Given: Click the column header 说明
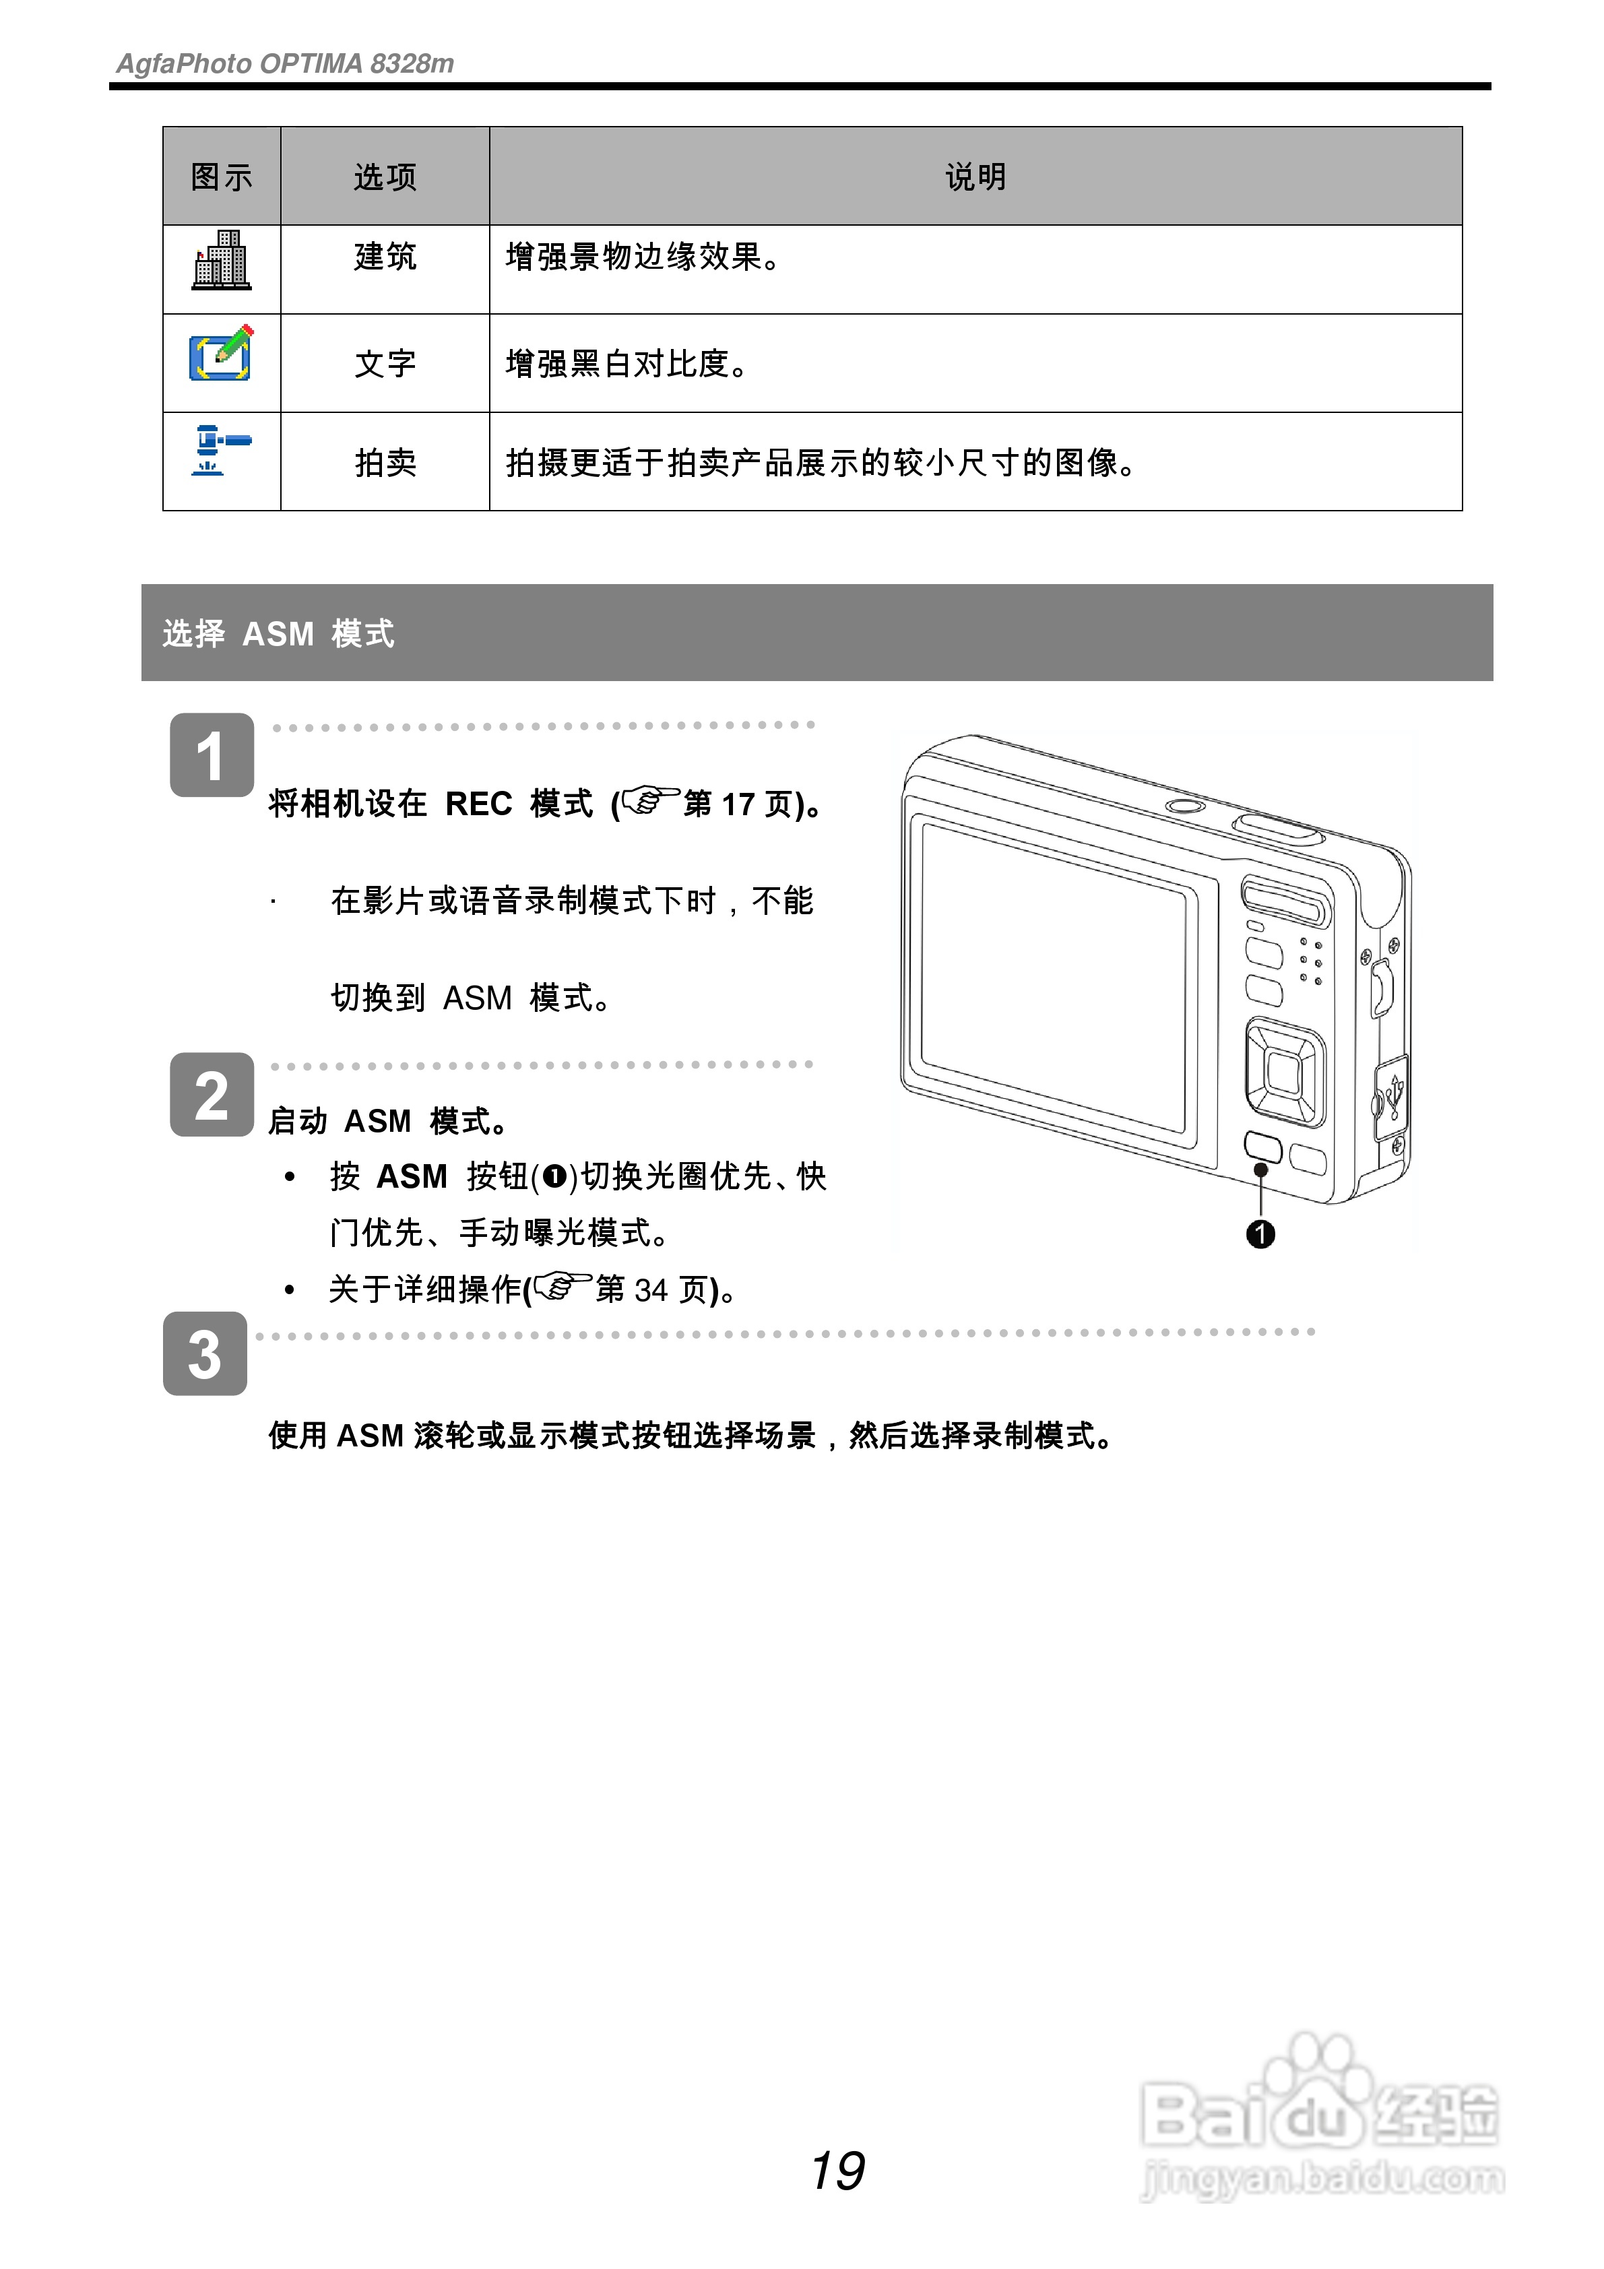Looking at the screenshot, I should [x=975, y=177].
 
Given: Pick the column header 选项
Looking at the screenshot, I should [x=385, y=177].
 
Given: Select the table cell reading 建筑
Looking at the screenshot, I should [x=385, y=257].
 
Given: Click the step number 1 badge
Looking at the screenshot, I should [x=212, y=756].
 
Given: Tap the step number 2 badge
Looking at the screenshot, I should [x=212, y=1095].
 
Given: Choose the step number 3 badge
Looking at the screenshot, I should [x=205, y=1354].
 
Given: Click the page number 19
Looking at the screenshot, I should [x=837, y=2171].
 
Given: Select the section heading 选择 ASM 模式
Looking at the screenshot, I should [x=279, y=633].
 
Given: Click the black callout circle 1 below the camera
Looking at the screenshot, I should [x=1260, y=1234].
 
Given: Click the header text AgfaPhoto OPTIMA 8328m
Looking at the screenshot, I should [x=285, y=64].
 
